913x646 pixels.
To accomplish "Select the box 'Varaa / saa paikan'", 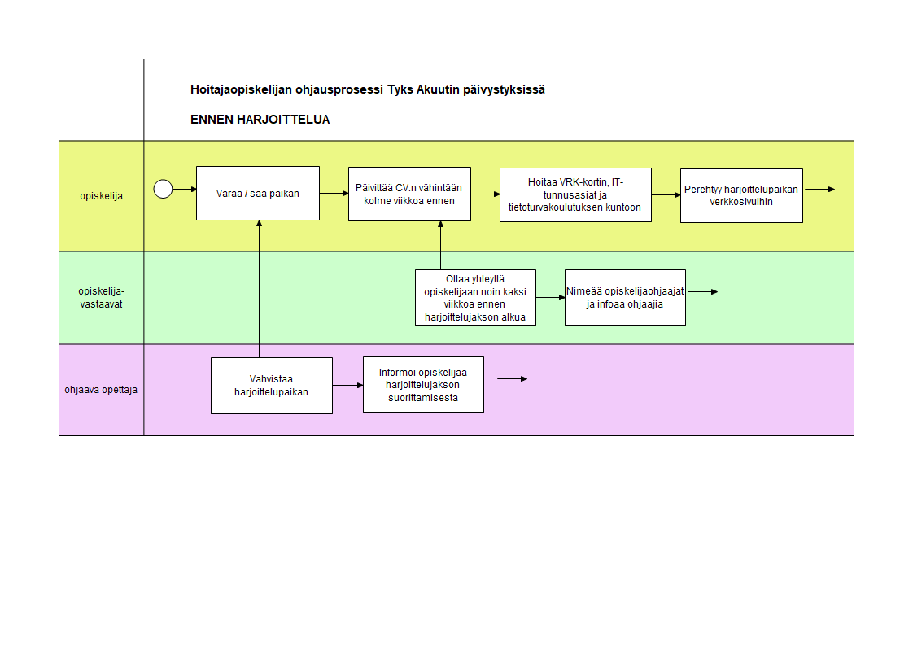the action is [258, 193].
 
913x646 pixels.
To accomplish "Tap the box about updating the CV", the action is [409, 194].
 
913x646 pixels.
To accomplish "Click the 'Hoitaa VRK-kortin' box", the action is [575, 195].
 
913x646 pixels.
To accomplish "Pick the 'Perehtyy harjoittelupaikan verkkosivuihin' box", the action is [741, 195].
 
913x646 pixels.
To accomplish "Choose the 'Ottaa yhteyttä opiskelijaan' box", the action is [475, 298].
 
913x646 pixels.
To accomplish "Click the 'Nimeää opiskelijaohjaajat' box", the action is [625, 298].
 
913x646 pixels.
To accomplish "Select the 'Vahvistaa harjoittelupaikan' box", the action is [271, 386].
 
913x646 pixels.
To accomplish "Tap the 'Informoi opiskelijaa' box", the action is [423, 385].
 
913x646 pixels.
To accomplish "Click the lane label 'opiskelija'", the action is [102, 196].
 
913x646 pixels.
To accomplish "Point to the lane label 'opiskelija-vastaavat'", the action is [102, 298].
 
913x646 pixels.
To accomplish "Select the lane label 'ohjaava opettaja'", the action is [101, 390].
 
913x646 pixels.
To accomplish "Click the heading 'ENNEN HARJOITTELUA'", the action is [260, 120].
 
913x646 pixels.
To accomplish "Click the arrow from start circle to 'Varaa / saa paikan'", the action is [185, 189].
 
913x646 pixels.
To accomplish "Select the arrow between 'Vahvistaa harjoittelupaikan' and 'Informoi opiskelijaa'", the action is [348, 386].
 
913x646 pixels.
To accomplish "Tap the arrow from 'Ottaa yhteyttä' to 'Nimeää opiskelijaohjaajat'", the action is [551, 298].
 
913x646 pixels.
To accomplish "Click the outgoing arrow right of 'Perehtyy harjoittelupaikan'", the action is [820, 189].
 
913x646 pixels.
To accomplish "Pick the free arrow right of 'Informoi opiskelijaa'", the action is [513, 379].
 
